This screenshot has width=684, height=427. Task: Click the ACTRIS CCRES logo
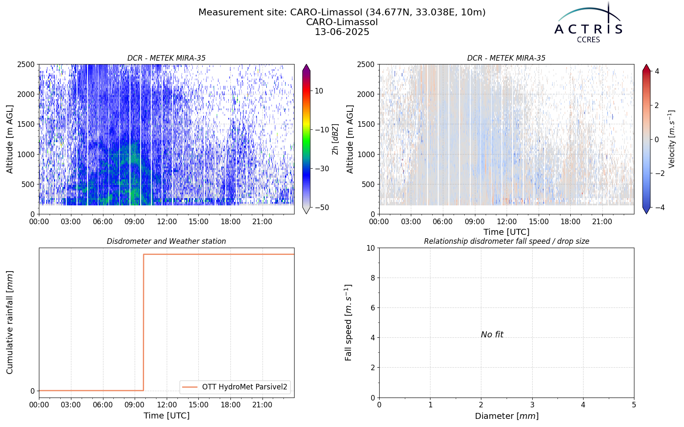tap(588, 23)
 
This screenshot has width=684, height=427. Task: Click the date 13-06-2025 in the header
tap(342, 32)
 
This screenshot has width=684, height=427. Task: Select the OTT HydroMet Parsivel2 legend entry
tap(235, 387)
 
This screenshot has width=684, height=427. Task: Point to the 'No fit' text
tap(492, 335)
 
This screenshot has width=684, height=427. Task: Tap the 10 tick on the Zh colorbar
tap(319, 91)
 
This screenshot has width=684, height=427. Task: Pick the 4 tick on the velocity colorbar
tap(657, 71)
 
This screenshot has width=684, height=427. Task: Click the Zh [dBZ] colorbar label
tap(335, 139)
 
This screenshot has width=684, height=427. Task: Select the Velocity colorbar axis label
tap(671, 139)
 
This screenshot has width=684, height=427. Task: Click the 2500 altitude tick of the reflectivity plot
tap(27, 64)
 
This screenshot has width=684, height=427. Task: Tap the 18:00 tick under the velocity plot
tap(570, 222)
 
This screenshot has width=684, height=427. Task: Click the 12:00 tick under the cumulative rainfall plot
tap(167, 405)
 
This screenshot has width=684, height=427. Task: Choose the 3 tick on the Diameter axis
tap(532, 405)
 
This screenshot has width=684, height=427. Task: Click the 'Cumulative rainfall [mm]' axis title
tap(10, 323)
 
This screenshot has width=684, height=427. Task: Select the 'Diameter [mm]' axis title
tap(507, 416)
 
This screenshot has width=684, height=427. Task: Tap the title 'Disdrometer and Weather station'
tap(166, 241)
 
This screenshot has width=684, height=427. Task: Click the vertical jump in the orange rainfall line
tap(144, 322)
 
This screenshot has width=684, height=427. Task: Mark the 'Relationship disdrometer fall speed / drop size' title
tap(507, 241)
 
